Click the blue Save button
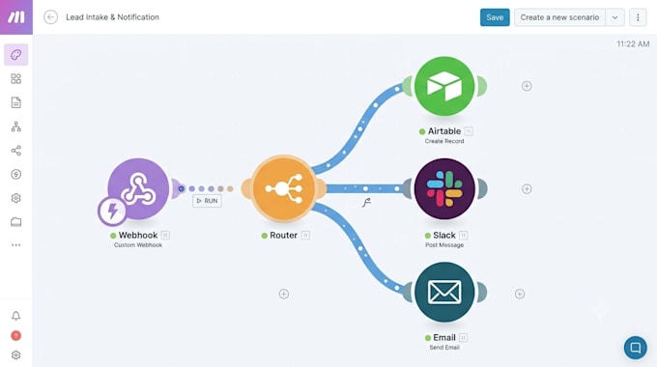[x=495, y=17]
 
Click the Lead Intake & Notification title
[x=112, y=17]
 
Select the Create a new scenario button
[x=559, y=17]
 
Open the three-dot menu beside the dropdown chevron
[x=638, y=17]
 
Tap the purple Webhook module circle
[x=138, y=188]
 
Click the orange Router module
[x=284, y=188]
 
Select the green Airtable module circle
[x=444, y=86]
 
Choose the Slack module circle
[x=444, y=188]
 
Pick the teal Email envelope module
[x=444, y=292]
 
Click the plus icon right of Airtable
[x=527, y=86]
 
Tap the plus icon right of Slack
[x=527, y=189]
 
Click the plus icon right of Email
[x=520, y=294]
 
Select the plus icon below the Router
[x=284, y=294]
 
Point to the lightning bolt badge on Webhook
[x=112, y=212]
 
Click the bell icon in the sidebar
[x=15, y=316]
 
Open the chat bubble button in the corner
[x=635, y=348]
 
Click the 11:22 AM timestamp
[x=633, y=44]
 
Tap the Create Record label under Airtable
[x=444, y=141]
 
